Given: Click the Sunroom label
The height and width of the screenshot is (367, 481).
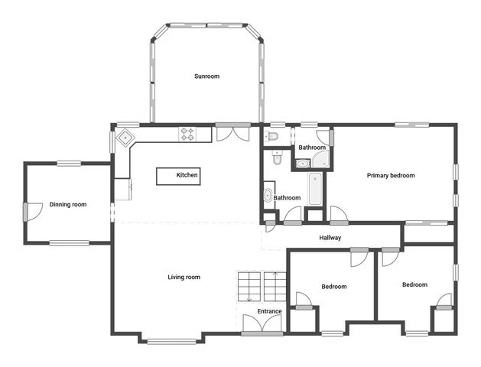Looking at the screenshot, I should (206, 76).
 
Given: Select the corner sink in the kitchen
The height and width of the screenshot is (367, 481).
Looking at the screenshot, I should (124, 140).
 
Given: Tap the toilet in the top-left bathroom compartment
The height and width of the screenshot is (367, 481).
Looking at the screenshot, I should (271, 137).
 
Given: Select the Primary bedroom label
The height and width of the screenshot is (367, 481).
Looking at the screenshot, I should (390, 176).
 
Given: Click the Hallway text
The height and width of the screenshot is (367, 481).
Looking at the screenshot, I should (330, 238).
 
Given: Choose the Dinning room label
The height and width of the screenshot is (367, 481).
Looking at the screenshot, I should (68, 204).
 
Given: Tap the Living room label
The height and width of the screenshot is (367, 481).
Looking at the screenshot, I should (184, 277).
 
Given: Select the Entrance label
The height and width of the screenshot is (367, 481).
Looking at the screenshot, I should (269, 311).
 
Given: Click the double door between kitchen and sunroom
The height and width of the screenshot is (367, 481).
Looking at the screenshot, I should (232, 133).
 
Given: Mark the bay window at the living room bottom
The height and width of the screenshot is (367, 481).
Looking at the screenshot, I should (172, 340).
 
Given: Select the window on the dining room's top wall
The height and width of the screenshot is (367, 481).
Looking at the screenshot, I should (69, 162).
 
